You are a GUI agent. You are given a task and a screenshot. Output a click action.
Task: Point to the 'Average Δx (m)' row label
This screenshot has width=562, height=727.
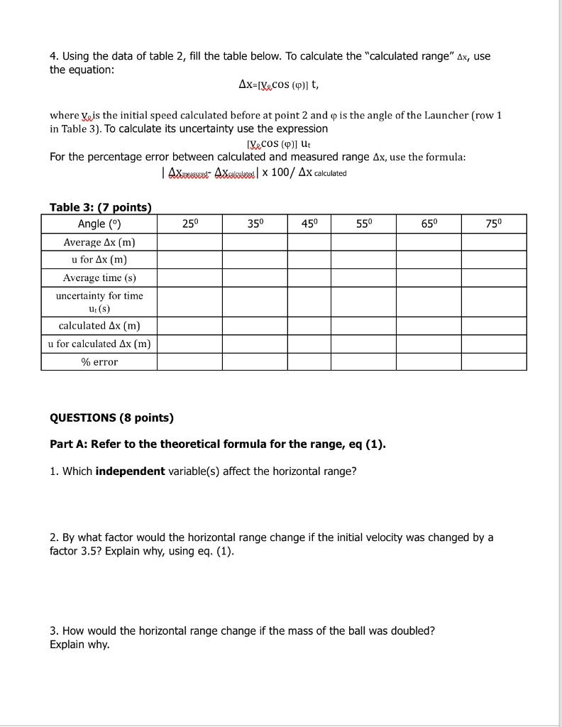99,242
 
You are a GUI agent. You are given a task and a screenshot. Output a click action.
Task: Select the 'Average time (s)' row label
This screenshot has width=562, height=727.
99,278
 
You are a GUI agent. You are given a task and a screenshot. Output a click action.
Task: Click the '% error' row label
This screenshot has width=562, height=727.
99,362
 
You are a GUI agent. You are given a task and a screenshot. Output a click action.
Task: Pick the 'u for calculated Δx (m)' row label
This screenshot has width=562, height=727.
99,344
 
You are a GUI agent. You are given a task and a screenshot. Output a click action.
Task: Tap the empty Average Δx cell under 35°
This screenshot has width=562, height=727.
254,242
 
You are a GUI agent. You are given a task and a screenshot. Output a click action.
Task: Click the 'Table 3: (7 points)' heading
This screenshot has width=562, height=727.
100,207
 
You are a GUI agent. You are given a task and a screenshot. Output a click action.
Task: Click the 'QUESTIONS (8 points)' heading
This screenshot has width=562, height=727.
111,417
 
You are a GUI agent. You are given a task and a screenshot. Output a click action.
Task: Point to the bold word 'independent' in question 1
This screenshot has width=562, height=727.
130,471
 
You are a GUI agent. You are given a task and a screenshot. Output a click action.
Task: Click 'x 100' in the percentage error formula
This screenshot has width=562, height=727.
279,173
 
